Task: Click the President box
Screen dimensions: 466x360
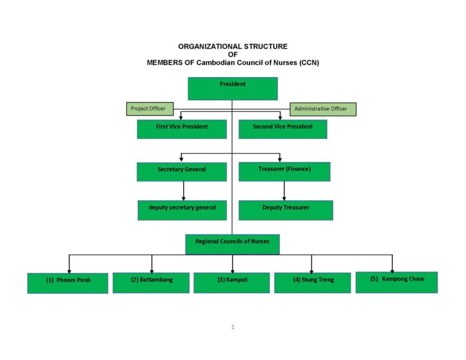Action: pos(233,89)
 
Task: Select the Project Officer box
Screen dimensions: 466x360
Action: pos(150,109)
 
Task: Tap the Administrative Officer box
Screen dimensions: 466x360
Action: pos(323,109)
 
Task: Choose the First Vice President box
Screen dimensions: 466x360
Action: pos(182,129)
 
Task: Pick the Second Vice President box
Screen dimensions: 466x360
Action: pos(283,129)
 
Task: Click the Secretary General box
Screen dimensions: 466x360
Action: pos(182,172)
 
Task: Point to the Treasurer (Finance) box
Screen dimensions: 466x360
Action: pos(285,172)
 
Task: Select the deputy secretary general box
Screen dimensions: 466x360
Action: pos(182,210)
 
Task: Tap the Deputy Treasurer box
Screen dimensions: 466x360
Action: pos(286,210)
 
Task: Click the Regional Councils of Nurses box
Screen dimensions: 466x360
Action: pos(232,244)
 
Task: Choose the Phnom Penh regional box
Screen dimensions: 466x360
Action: pos(68,283)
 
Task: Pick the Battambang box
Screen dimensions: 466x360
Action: pos(151,283)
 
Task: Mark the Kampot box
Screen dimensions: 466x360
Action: pos(232,283)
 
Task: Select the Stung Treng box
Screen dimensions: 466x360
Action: pos(312,283)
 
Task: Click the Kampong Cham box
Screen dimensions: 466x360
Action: pos(397,282)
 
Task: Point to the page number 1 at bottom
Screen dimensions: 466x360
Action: pos(233,327)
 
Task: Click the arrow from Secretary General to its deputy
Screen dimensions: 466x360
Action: pos(183,191)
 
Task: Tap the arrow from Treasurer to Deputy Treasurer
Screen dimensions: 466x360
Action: pos(284,191)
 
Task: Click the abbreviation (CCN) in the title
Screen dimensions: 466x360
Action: pos(309,63)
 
